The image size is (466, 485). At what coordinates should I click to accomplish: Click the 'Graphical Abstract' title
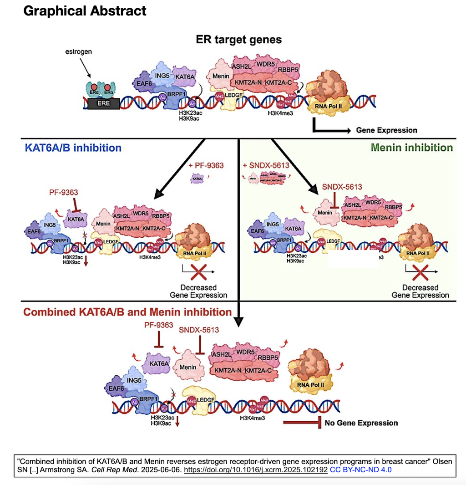[x=85, y=11]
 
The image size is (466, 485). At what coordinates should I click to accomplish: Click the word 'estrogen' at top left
[x=78, y=52]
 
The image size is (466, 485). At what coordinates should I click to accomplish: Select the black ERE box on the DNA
[x=104, y=103]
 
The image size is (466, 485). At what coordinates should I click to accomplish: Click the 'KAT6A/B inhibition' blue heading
[x=73, y=148]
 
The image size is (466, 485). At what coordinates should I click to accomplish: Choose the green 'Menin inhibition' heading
[x=412, y=148]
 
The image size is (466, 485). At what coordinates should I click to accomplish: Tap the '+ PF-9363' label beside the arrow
[x=206, y=165]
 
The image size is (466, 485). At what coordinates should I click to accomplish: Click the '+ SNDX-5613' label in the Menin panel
[x=266, y=165]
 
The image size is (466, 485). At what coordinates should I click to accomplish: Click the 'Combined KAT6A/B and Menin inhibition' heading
[x=128, y=312]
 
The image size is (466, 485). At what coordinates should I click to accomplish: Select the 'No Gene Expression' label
[x=361, y=423]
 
